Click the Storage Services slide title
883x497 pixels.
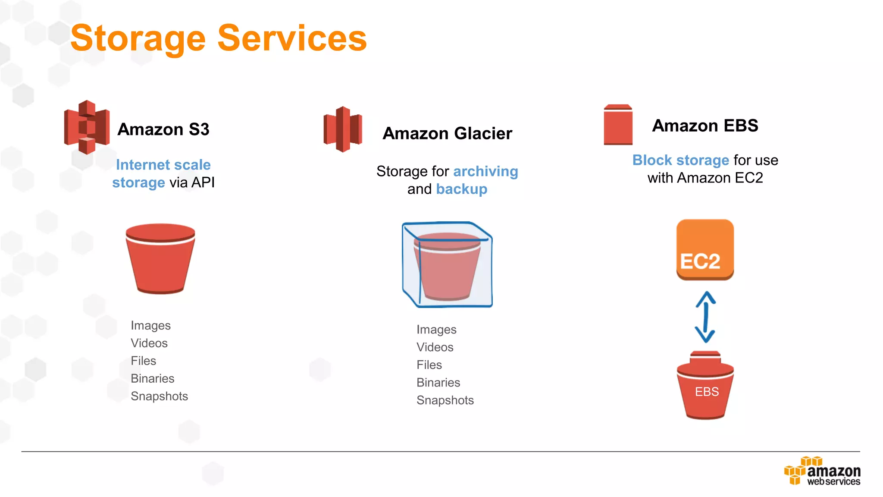219,38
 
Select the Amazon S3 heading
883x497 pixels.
163,129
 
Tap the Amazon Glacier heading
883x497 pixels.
448,133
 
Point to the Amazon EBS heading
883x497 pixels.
705,126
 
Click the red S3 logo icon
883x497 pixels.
87,127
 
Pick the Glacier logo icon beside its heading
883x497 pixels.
343,129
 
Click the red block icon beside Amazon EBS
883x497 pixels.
618,125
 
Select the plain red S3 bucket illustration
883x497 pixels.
160,258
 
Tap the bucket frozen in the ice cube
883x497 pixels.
447,265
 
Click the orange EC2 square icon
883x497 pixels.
705,249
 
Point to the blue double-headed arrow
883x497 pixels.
705,317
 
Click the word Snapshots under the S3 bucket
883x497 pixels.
159,396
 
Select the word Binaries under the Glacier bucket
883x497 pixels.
438,383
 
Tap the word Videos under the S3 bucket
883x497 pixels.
149,343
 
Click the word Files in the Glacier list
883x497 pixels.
429,365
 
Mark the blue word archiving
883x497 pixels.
485,171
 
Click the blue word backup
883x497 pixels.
461,189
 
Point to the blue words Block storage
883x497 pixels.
680,160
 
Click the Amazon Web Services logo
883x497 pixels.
822,472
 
